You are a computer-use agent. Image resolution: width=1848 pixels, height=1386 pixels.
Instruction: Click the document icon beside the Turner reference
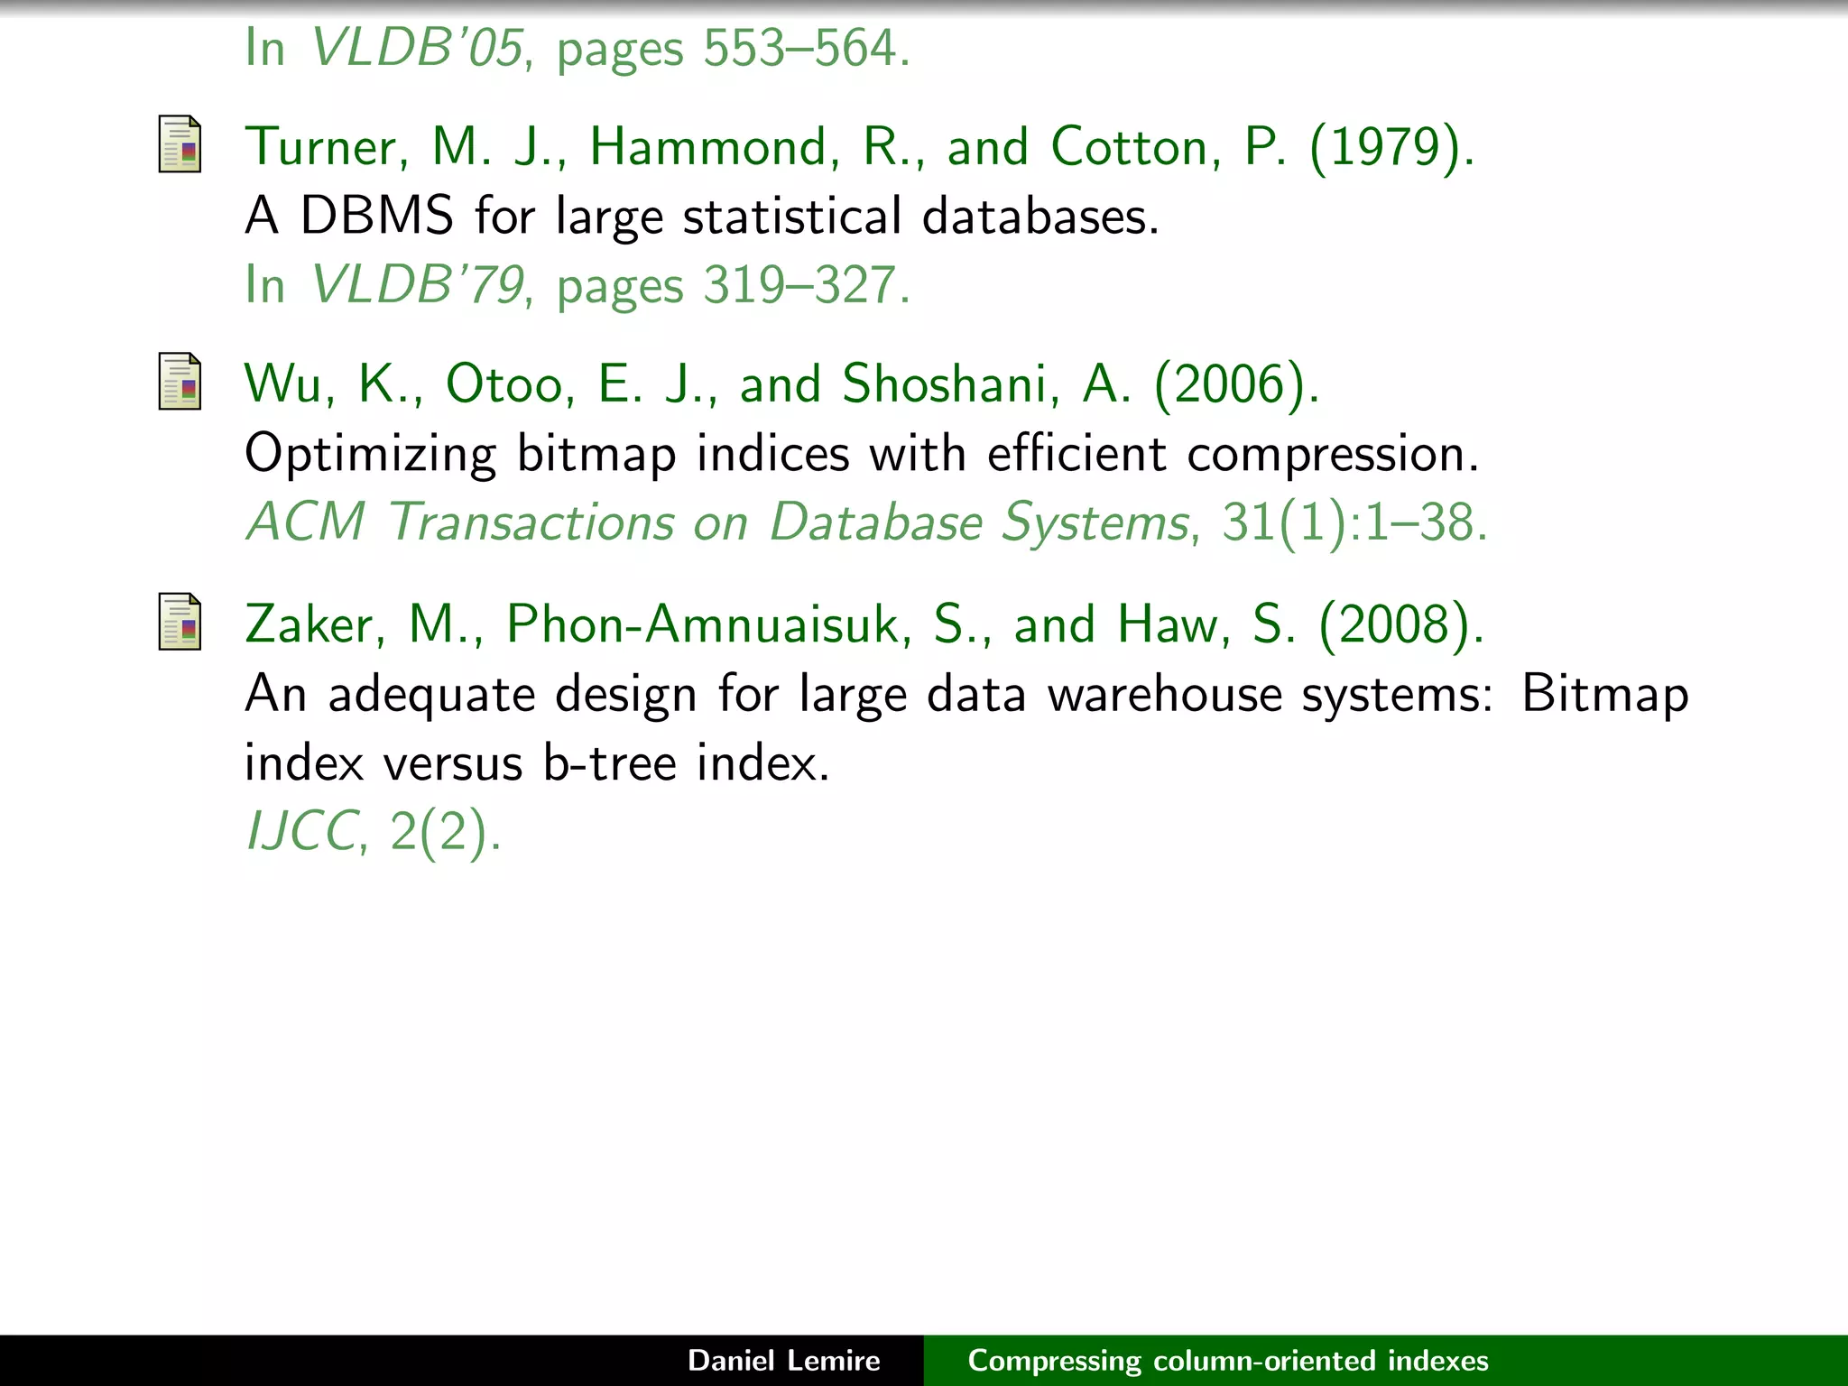[x=180, y=144]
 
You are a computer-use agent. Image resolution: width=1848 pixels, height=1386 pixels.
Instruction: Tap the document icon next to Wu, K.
[x=180, y=382]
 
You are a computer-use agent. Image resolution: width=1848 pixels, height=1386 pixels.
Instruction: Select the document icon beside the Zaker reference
[x=180, y=622]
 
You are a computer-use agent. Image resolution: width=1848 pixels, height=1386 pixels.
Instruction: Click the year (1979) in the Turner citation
[x=1391, y=147]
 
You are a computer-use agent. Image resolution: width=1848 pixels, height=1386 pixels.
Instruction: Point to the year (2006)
[x=1236, y=384]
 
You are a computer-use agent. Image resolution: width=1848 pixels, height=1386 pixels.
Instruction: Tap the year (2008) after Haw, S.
[x=1401, y=624]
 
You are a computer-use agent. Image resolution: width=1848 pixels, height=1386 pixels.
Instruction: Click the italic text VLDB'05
[x=417, y=48]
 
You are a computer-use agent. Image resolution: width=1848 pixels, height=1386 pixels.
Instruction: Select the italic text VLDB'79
[x=417, y=285]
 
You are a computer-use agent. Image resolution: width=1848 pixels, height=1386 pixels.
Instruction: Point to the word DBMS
[x=376, y=217]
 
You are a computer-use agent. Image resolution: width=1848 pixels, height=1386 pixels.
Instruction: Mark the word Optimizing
[x=370, y=454]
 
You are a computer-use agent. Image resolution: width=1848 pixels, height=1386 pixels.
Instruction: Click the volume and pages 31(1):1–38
[x=1354, y=522]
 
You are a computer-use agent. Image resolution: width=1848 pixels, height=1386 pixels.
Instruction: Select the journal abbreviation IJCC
[x=301, y=831]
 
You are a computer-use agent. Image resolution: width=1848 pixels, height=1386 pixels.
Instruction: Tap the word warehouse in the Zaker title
[x=1164, y=694]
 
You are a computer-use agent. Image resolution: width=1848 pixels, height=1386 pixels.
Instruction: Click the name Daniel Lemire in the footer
[x=783, y=1361]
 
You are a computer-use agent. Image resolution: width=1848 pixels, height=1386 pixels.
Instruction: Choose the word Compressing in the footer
[x=1054, y=1361]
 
